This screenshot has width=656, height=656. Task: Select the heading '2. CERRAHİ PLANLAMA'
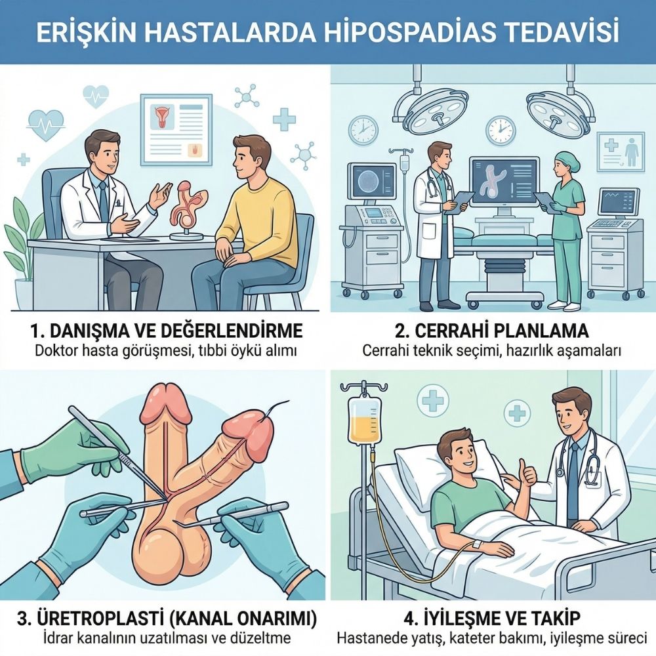[x=491, y=329]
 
